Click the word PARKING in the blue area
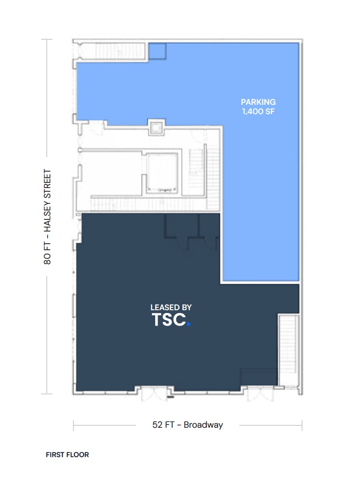(x=258, y=102)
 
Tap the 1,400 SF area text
(x=258, y=111)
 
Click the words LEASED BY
(x=171, y=307)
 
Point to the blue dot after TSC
(x=188, y=323)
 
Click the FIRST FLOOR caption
(x=67, y=454)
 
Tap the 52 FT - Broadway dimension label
(x=187, y=425)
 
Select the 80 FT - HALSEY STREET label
(x=47, y=217)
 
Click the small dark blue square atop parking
(x=158, y=51)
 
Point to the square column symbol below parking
(x=156, y=127)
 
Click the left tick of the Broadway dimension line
(x=73, y=425)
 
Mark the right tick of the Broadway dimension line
(x=302, y=425)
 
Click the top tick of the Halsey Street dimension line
(x=47, y=40)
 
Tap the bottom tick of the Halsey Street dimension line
(x=47, y=394)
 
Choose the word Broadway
(x=203, y=425)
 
